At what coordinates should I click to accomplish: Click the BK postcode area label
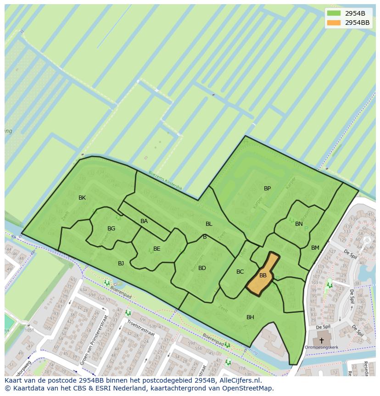(82, 198)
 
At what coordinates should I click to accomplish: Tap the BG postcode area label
(111, 229)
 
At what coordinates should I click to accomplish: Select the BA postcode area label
(144, 221)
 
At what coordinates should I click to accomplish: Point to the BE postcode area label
(156, 249)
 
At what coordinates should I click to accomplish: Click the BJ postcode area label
(121, 264)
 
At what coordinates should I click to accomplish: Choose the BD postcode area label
(202, 268)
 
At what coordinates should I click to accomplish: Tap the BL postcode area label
(209, 224)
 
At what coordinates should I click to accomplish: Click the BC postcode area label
(240, 272)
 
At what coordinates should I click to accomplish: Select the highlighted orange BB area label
(263, 275)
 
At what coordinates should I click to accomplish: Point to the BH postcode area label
(250, 317)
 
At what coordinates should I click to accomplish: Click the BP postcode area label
(267, 189)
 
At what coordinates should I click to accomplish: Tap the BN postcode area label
(299, 224)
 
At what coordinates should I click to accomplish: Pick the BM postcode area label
(315, 248)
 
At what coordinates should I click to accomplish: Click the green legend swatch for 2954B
(334, 13)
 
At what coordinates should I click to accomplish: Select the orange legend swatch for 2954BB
(334, 23)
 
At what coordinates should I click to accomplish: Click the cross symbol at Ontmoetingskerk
(321, 341)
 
